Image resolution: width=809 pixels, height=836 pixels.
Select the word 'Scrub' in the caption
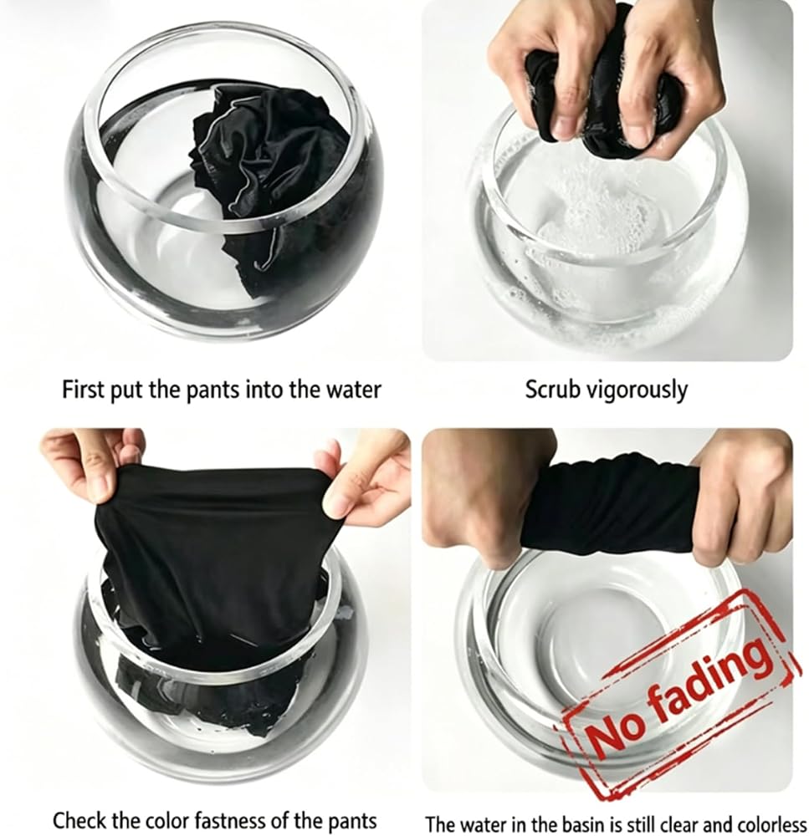(x=552, y=390)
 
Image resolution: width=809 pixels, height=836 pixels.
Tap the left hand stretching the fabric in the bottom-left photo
(x=90, y=469)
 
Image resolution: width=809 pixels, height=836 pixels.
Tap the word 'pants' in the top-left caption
(x=213, y=390)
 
